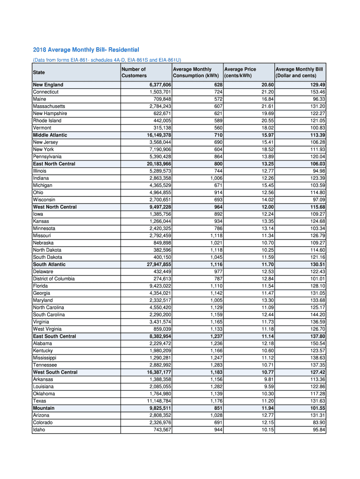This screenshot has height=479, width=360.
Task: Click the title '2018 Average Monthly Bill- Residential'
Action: pyautogui.click(x=86, y=50)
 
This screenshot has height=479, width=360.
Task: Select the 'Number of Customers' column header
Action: pyautogui.click(x=134, y=73)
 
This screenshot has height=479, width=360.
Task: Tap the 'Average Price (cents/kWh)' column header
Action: pyautogui.click(x=240, y=73)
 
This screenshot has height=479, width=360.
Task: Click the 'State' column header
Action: pyautogui.click(x=39, y=73)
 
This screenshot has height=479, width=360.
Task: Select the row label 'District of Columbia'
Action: pyautogui.click(x=53, y=279)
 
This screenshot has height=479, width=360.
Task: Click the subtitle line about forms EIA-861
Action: pyautogui.click(x=107, y=60)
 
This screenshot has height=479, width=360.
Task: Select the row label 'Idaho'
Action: pyautogui.click(x=39, y=429)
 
